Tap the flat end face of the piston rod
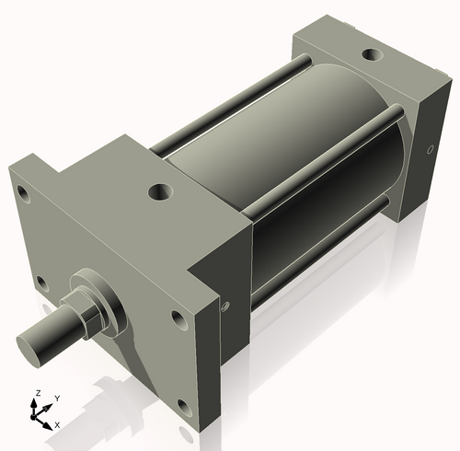point(33,347)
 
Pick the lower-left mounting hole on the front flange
point(40,282)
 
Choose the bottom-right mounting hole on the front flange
point(185,405)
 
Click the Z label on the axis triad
point(37,392)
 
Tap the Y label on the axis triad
point(56,397)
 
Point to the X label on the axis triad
point(57,424)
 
